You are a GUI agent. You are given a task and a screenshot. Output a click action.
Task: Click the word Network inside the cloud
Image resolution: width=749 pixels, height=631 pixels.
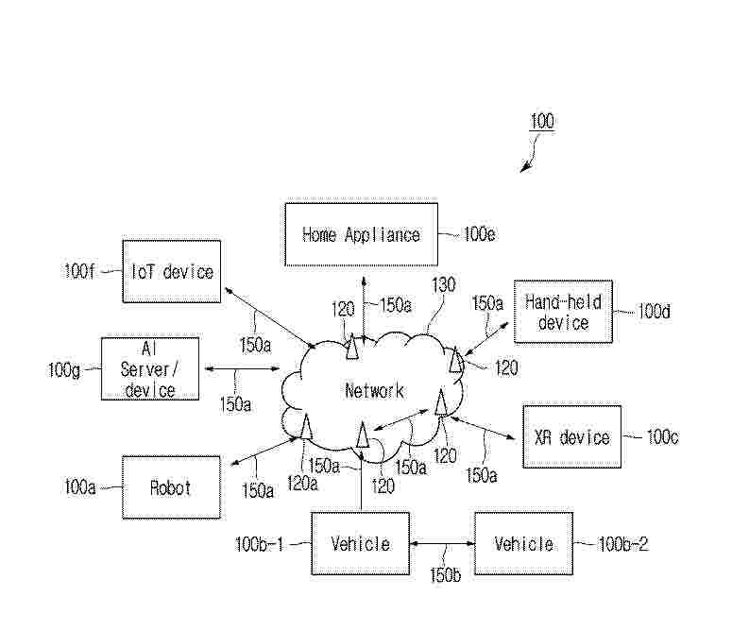(374, 391)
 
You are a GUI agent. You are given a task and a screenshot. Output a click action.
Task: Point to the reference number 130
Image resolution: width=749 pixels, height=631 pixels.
(443, 285)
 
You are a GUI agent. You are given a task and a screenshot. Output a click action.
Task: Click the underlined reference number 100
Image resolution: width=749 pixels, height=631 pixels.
(542, 121)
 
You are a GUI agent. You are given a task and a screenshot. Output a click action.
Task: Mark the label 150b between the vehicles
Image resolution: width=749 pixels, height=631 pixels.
(446, 574)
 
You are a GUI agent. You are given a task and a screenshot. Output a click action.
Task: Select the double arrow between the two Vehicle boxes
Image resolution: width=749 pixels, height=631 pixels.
(442, 543)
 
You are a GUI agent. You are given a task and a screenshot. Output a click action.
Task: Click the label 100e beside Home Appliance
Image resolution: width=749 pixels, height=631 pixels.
(480, 234)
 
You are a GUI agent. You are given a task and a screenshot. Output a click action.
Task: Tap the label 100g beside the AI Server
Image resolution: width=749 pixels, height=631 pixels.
(64, 369)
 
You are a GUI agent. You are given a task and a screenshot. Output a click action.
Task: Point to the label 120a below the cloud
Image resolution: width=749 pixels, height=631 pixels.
(302, 484)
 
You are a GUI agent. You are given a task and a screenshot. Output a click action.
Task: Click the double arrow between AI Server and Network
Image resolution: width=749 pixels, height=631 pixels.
(242, 368)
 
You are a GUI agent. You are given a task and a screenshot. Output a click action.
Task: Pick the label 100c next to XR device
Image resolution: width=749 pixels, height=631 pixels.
(662, 437)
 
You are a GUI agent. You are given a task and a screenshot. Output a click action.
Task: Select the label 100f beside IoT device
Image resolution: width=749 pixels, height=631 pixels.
(79, 271)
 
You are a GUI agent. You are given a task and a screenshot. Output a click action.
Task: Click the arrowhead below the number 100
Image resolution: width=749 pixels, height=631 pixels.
(525, 167)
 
